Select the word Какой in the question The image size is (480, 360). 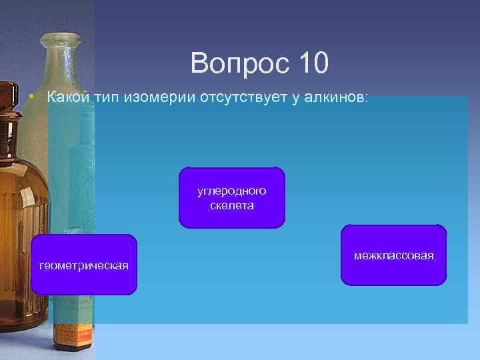click(69, 97)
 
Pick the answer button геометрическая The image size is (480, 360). click(84, 265)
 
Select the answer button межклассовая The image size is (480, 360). click(394, 255)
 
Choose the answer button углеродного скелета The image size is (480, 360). click(231, 198)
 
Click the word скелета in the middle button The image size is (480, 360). click(231, 205)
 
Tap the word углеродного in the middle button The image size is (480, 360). click(231, 191)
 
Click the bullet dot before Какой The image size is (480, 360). click(31, 98)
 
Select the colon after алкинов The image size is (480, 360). click(365, 98)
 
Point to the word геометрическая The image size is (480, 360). click(84, 265)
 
